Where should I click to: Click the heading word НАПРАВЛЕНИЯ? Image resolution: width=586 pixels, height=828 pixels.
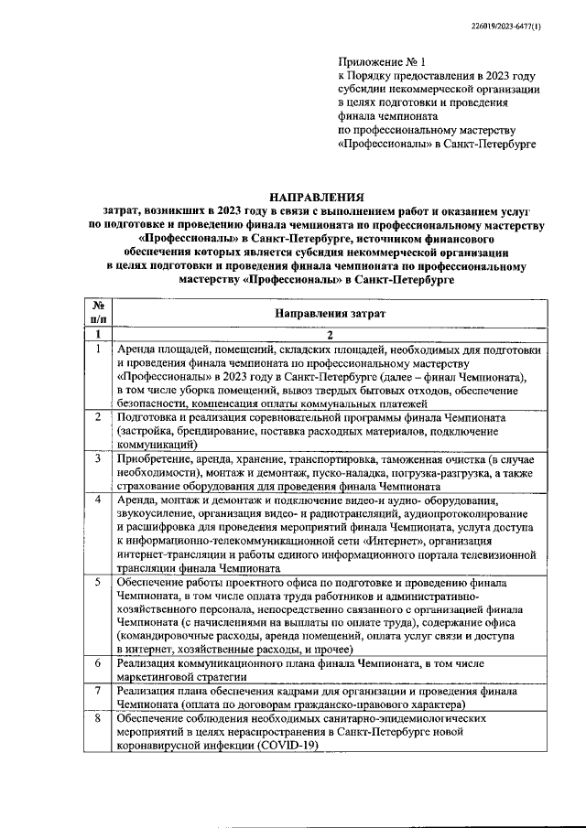click(315, 197)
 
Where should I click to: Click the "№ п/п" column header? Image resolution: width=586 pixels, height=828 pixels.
click(98, 313)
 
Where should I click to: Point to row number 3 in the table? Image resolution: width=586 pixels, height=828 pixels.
click(98, 457)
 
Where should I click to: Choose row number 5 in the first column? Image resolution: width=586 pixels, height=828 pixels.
click(98, 582)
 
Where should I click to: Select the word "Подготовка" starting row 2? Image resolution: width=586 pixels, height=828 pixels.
click(149, 417)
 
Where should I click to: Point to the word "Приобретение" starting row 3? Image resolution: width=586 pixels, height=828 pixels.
click(157, 457)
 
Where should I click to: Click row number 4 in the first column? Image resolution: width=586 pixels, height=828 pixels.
click(98, 500)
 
